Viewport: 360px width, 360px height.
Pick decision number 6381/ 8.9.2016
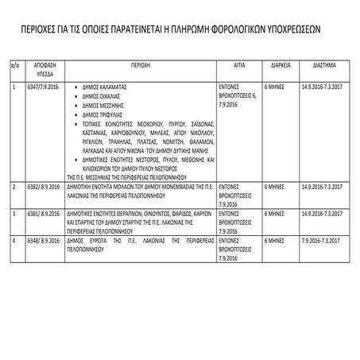pos(45,214)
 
